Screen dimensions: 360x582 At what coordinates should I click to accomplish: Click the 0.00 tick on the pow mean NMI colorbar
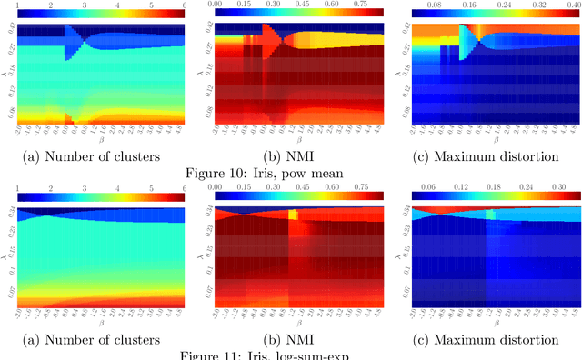pos(216,5)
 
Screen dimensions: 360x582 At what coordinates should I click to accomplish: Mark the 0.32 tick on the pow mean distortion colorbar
pos(525,5)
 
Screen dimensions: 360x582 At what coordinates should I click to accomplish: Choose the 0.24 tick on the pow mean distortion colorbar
pos(480,5)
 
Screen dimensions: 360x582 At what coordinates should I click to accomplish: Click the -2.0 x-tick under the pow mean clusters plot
pos(20,136)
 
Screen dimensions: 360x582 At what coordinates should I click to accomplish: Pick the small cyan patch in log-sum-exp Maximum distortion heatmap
pos(489,215)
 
